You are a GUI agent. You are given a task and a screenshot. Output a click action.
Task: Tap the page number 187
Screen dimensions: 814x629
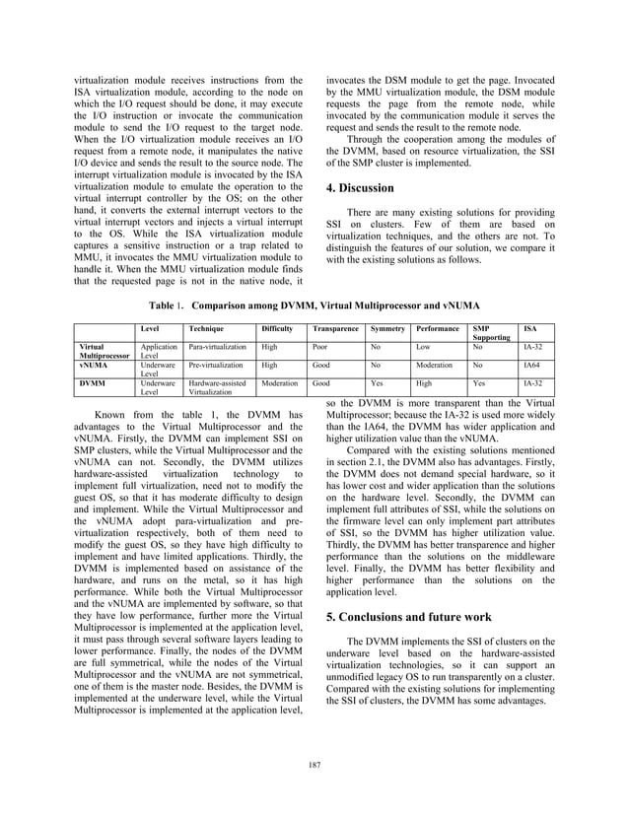point(314,765)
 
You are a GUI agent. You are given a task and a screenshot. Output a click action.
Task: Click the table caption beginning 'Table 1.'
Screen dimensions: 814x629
point(314,306)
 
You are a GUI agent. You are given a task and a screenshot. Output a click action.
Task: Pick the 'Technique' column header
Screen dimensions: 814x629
point(206,327)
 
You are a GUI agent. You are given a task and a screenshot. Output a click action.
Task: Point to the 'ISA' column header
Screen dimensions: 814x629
point(530,327)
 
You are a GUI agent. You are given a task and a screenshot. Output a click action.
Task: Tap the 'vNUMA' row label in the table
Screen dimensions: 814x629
point(95,365)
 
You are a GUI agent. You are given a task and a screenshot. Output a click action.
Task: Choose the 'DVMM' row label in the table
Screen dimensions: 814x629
point(94,381)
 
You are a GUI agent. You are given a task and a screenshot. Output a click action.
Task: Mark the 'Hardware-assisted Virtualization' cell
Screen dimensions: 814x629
point(220,386)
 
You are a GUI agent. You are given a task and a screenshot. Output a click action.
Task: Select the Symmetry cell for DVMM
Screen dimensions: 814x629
point(376,381)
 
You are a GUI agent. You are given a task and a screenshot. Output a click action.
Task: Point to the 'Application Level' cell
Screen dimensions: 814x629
point(159,352)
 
